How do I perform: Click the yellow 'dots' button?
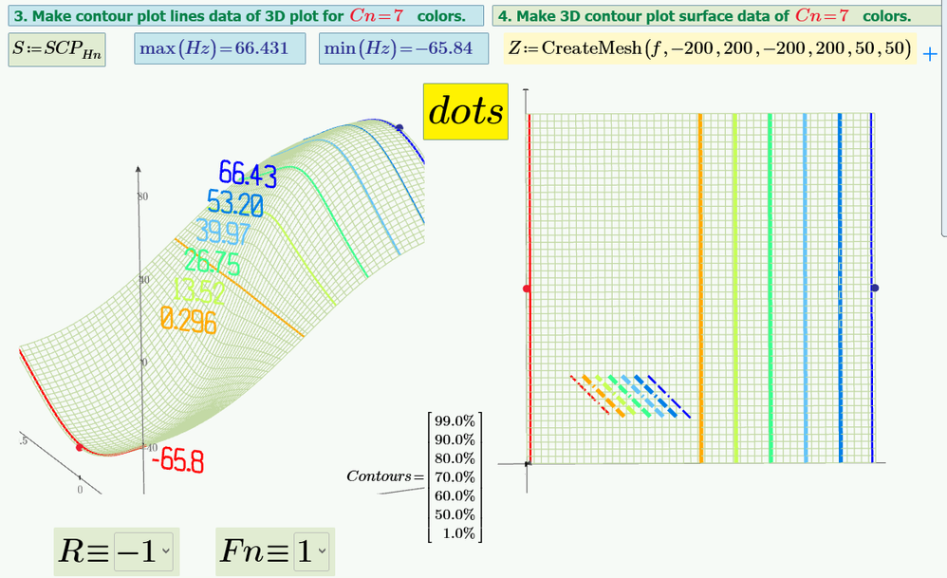pos(466,112)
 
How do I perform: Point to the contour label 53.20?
pos(234,203)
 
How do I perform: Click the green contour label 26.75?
pos(212,261)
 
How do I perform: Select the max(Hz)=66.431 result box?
pos(220,48)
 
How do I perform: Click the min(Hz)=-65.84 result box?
pos(399,48)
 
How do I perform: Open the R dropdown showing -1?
pos(143,550)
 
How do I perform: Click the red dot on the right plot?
pos(528,288)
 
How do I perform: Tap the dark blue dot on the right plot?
pos(875,288)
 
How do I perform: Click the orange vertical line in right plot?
pos(700,285)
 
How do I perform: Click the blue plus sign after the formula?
pos(930,53)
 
